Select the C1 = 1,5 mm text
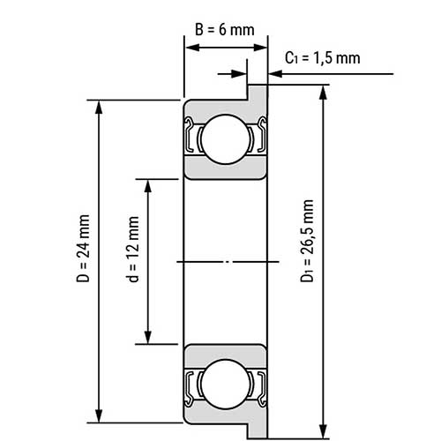(x=323, y=58)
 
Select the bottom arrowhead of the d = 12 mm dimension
(x=148, y=337)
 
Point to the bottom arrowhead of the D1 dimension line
(x=324, y=430)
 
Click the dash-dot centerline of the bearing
(x=224, y=262)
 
